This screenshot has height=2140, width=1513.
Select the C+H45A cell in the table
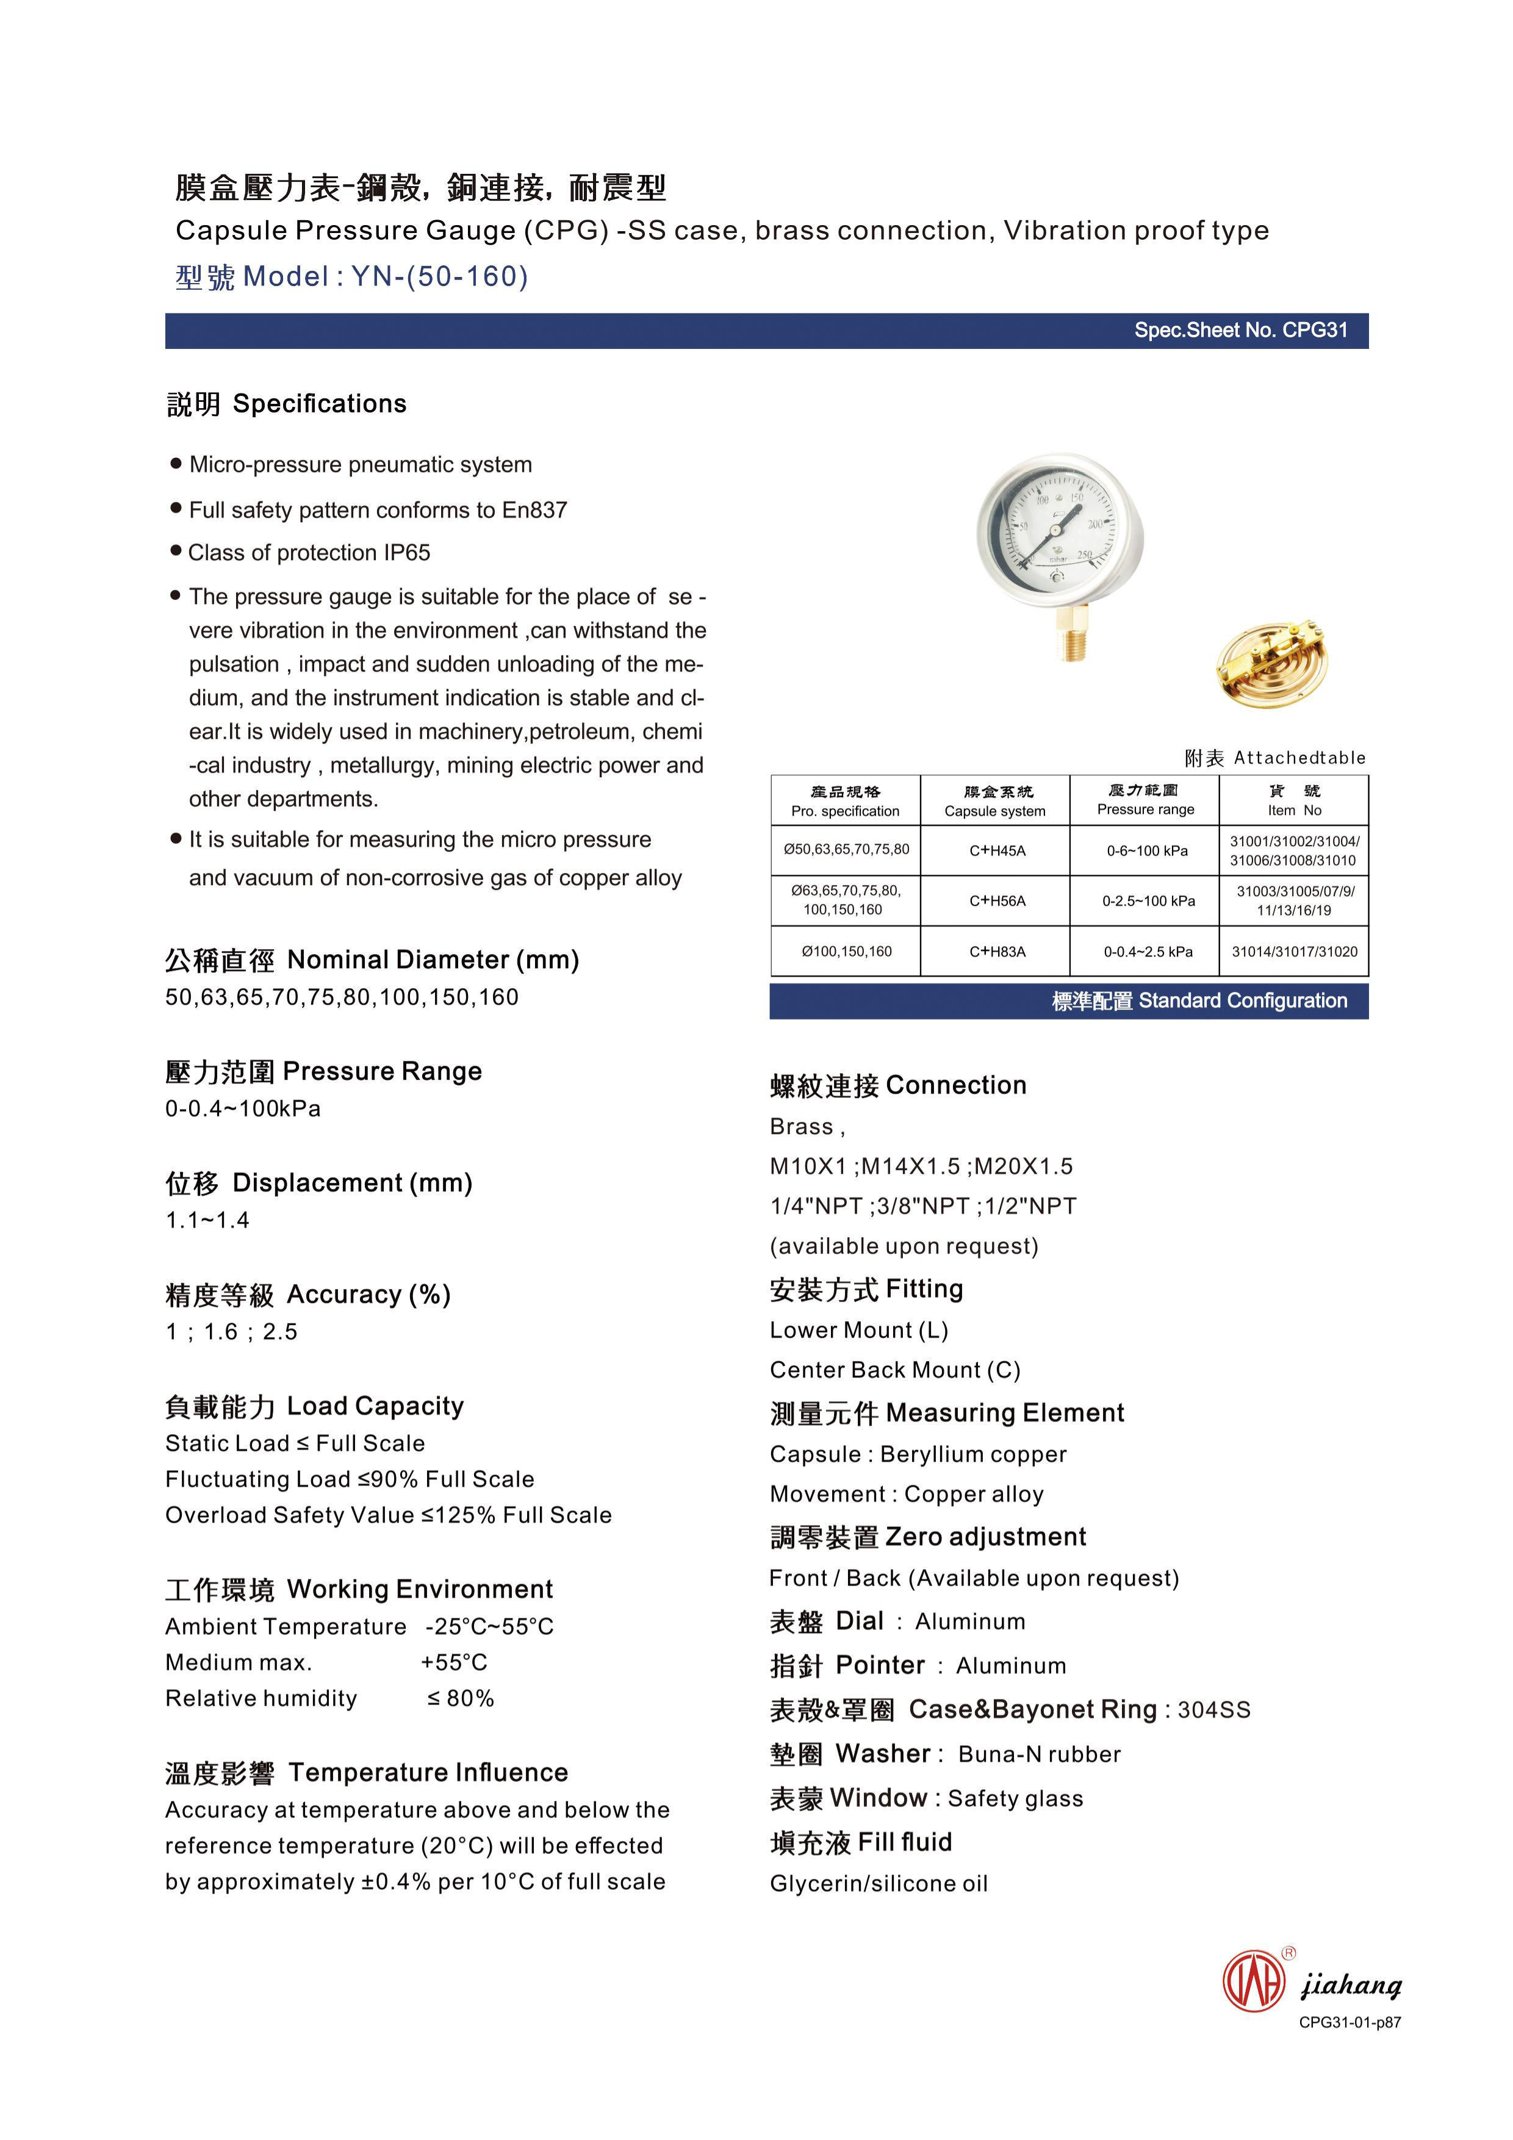[996, 850]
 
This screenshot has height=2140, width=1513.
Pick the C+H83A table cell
[996, 952]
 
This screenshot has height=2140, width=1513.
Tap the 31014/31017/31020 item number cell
[1294, 952]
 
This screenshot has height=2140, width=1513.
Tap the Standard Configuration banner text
[1199, 1001]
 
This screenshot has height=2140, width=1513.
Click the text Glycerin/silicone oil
[878, 1884]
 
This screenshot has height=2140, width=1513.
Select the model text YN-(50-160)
[439, 277]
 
